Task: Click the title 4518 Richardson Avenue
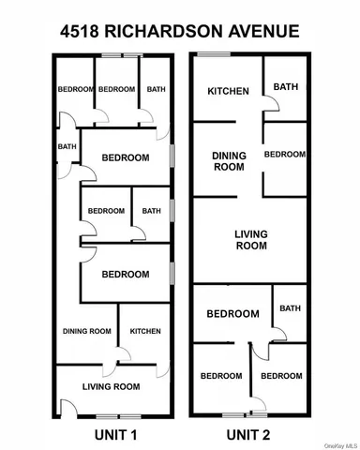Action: tap(179, 32)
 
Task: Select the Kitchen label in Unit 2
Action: tap(228, 91)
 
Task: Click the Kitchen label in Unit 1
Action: tap(144, 331)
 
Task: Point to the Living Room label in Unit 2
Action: tap(250, 240)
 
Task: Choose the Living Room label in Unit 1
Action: tap(112, 386)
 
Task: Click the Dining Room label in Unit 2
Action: tap(228, 161)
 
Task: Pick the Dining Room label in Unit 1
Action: tap(87, 331)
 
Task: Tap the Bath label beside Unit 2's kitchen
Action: tap(285, 87)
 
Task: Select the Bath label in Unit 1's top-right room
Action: tap(156, 89)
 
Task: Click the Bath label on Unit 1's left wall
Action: tap(66, 146)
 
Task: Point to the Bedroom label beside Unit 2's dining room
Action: tap(284, 154)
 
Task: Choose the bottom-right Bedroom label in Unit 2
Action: tap(281, 376)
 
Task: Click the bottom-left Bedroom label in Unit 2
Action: tap(221, 376)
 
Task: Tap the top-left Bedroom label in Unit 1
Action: tap(75, 89)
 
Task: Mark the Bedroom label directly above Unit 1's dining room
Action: tap(125, 274)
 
